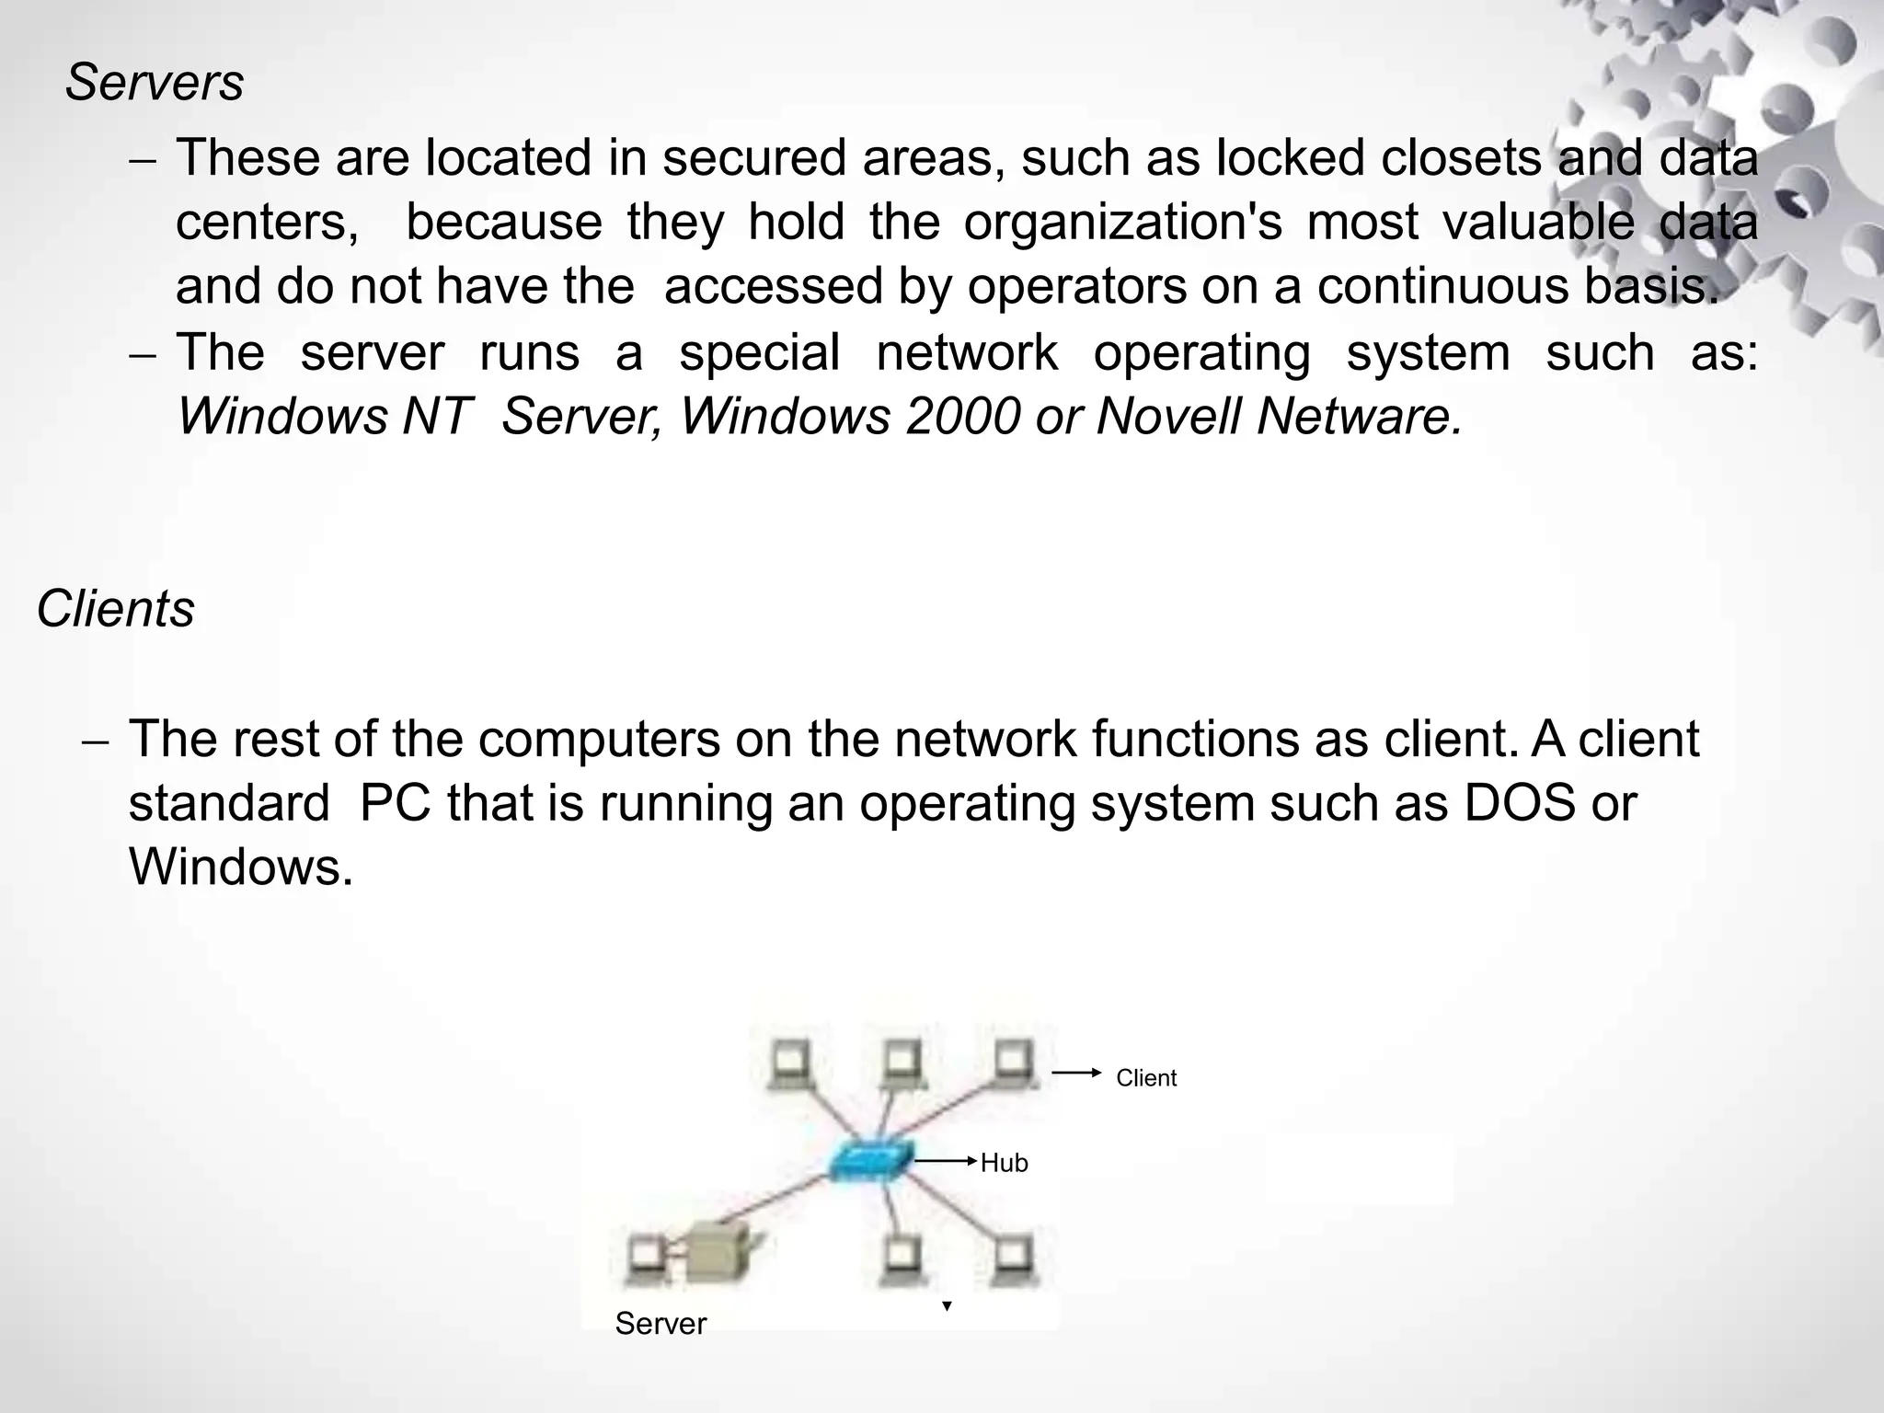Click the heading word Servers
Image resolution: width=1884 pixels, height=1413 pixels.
tap(155, 83)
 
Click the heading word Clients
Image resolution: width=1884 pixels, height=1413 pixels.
tap(116, 609)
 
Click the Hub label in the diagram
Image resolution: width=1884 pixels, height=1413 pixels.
tap(1004, 1163)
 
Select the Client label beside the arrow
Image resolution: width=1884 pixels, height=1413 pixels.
tap(1145, 1078)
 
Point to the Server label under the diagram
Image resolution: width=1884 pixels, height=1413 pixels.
tap(661, 1324)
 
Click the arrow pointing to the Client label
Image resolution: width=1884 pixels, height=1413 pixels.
tap(1076, 1073)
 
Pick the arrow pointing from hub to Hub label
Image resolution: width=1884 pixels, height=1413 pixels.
tap(945, 1162)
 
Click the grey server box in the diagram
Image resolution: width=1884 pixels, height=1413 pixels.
tap(718, 1252)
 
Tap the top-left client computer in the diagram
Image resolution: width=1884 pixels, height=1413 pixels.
tap(792, 1064)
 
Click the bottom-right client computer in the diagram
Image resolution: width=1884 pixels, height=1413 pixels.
tap(1013, 1259)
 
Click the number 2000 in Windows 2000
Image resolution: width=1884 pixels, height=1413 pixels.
tap(963, 416)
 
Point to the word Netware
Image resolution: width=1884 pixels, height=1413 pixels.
tap(1359, 416)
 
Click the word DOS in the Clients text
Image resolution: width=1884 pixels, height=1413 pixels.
tap(1519, 803)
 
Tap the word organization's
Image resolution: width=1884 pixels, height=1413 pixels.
tap(1122, 222)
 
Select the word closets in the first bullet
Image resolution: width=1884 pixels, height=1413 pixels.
tap(1461, 157)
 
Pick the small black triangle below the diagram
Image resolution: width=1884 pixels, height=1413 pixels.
tap(947, 1306)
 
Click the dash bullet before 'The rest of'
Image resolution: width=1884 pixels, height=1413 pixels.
tap(96, 741)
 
